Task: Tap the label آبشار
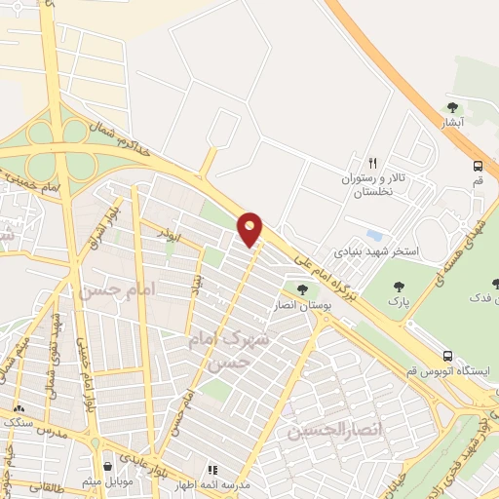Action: [449, 123]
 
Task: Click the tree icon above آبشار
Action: [450, 107]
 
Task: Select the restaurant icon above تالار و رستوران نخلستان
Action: [371, 163]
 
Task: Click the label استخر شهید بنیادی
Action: [376, 251]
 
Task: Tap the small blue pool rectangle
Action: [374, 236]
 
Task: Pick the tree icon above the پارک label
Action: [398, 287]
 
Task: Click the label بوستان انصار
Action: [301, 305]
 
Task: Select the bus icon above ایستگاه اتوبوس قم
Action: [447, 356]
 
